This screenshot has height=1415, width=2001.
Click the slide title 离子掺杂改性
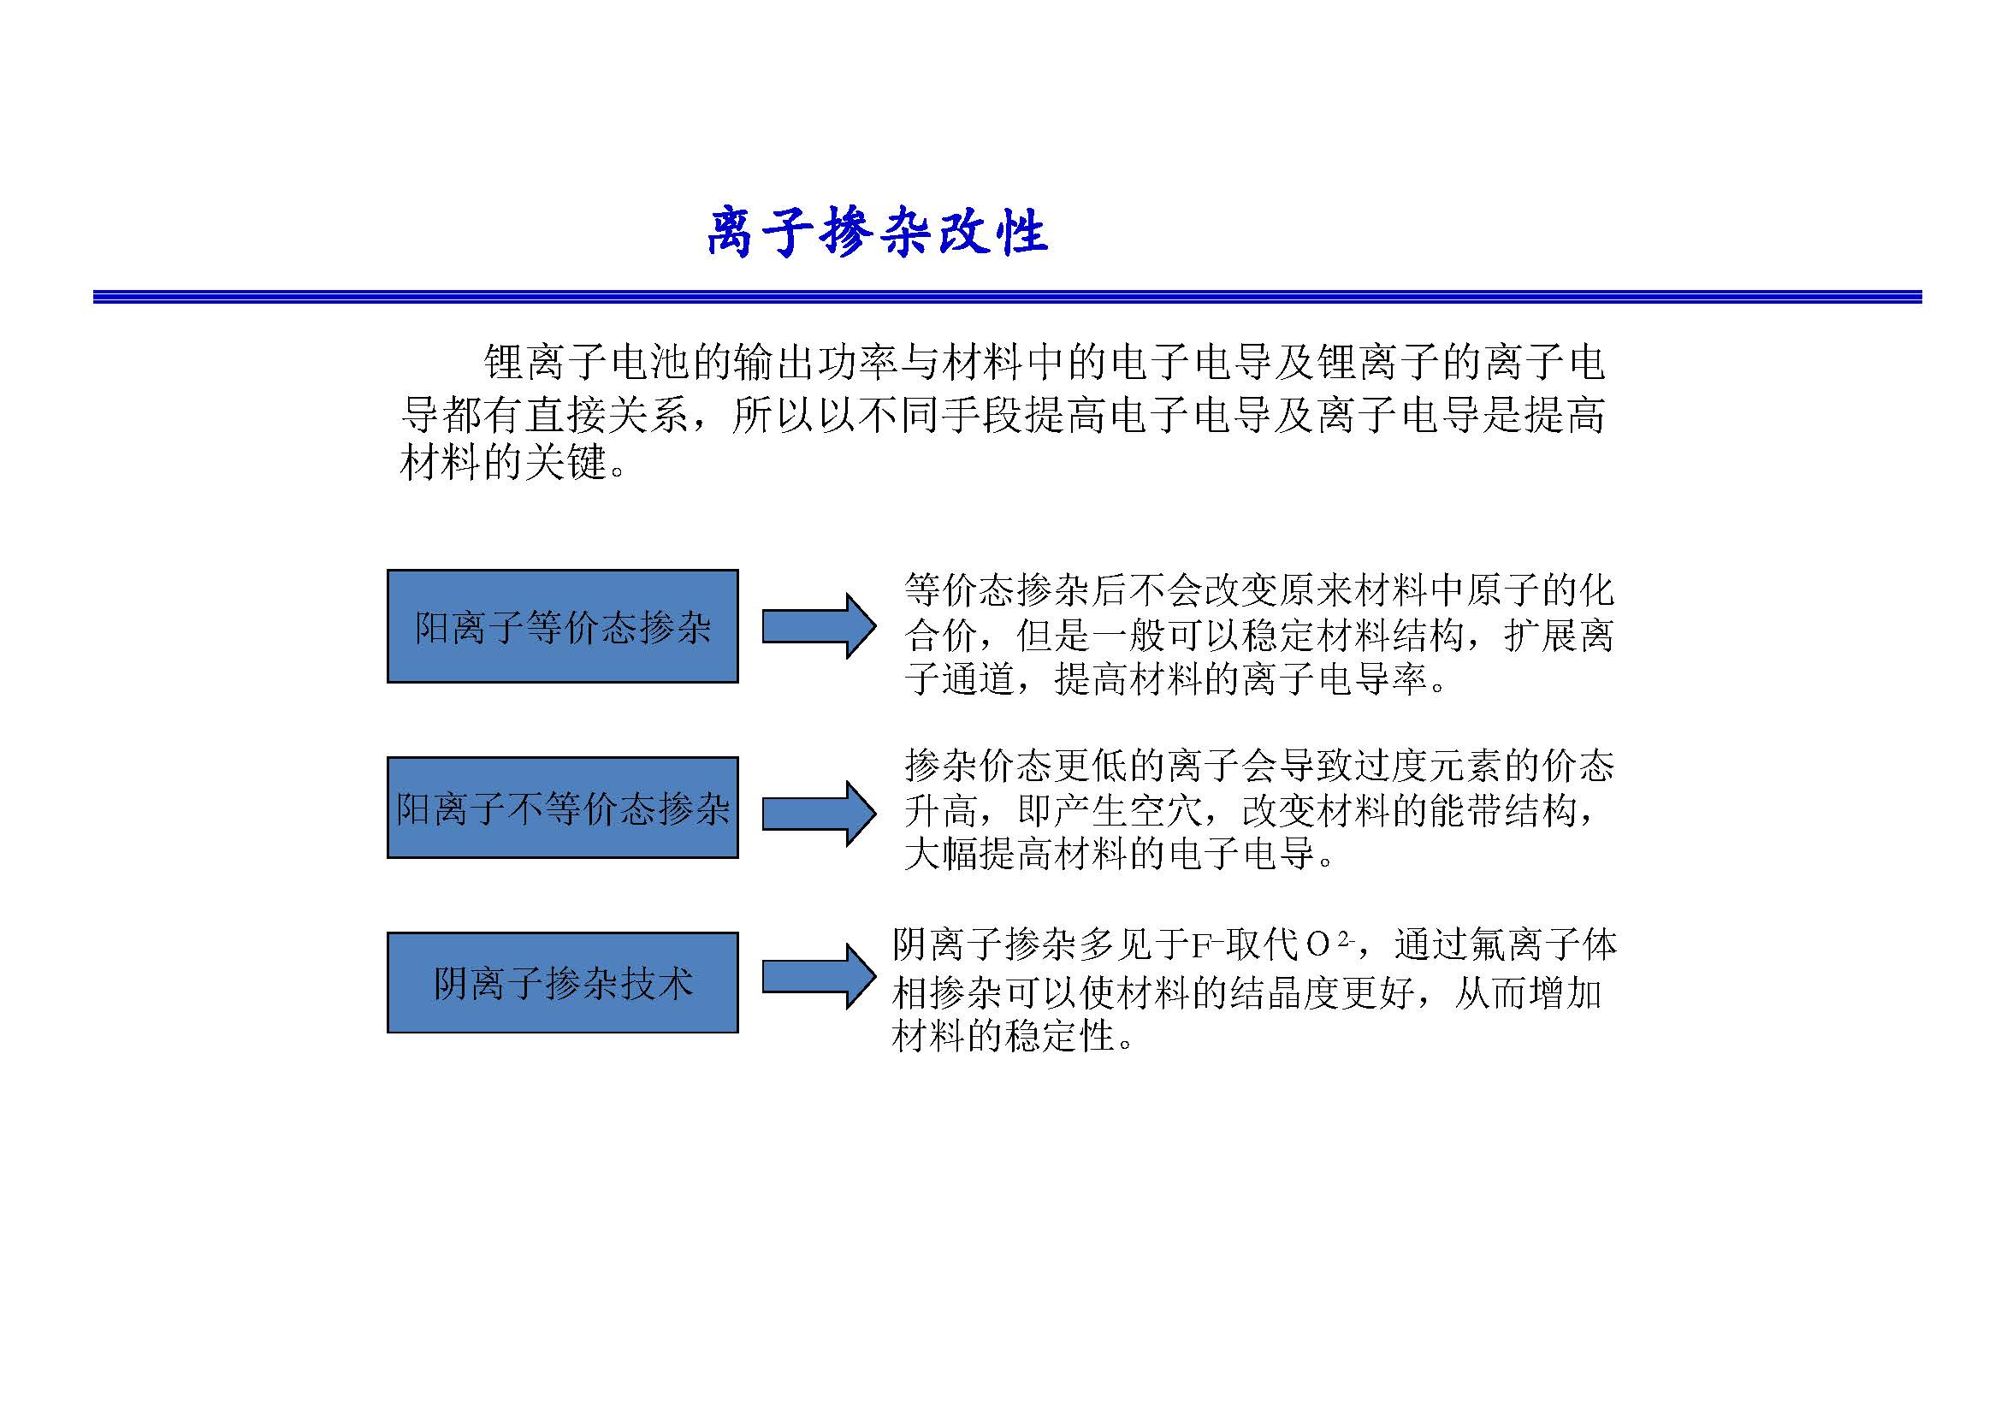pos(877,233)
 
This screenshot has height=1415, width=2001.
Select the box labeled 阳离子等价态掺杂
pos(563,625)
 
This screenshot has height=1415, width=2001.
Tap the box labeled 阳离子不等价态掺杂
pos(563,808)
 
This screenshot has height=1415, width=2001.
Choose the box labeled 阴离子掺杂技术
pos(563,983)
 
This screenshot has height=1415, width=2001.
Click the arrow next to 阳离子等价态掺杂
pos(820,625)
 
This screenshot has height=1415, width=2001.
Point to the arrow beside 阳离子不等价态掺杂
pos(820,813)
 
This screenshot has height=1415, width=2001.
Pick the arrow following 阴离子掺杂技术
pos(820,977)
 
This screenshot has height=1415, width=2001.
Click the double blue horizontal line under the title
pos(1008,297)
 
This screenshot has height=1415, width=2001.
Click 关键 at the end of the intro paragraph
pos(565,462)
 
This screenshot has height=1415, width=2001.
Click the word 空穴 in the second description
pos(1167,811)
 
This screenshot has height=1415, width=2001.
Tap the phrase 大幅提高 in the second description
pos(980,854)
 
